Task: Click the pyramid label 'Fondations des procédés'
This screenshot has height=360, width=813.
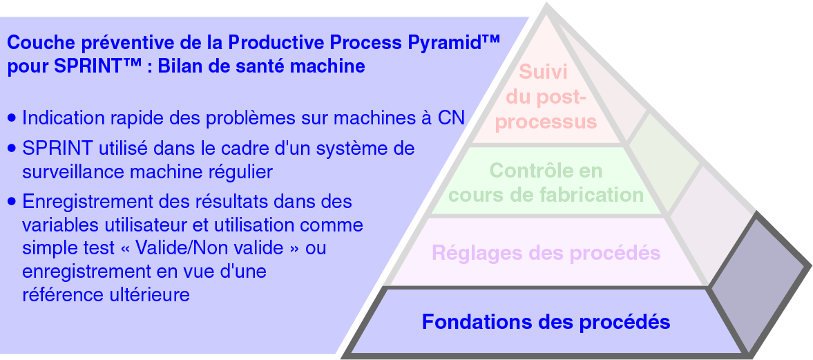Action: (x=546, y=322)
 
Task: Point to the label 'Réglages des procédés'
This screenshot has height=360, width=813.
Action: (x=546, y=253)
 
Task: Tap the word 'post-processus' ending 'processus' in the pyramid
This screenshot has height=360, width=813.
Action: (x=546, y=122)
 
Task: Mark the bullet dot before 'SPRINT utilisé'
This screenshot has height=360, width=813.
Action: (x=12, y=149)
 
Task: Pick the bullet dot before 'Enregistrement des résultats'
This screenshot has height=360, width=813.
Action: (x=12, y=202)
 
